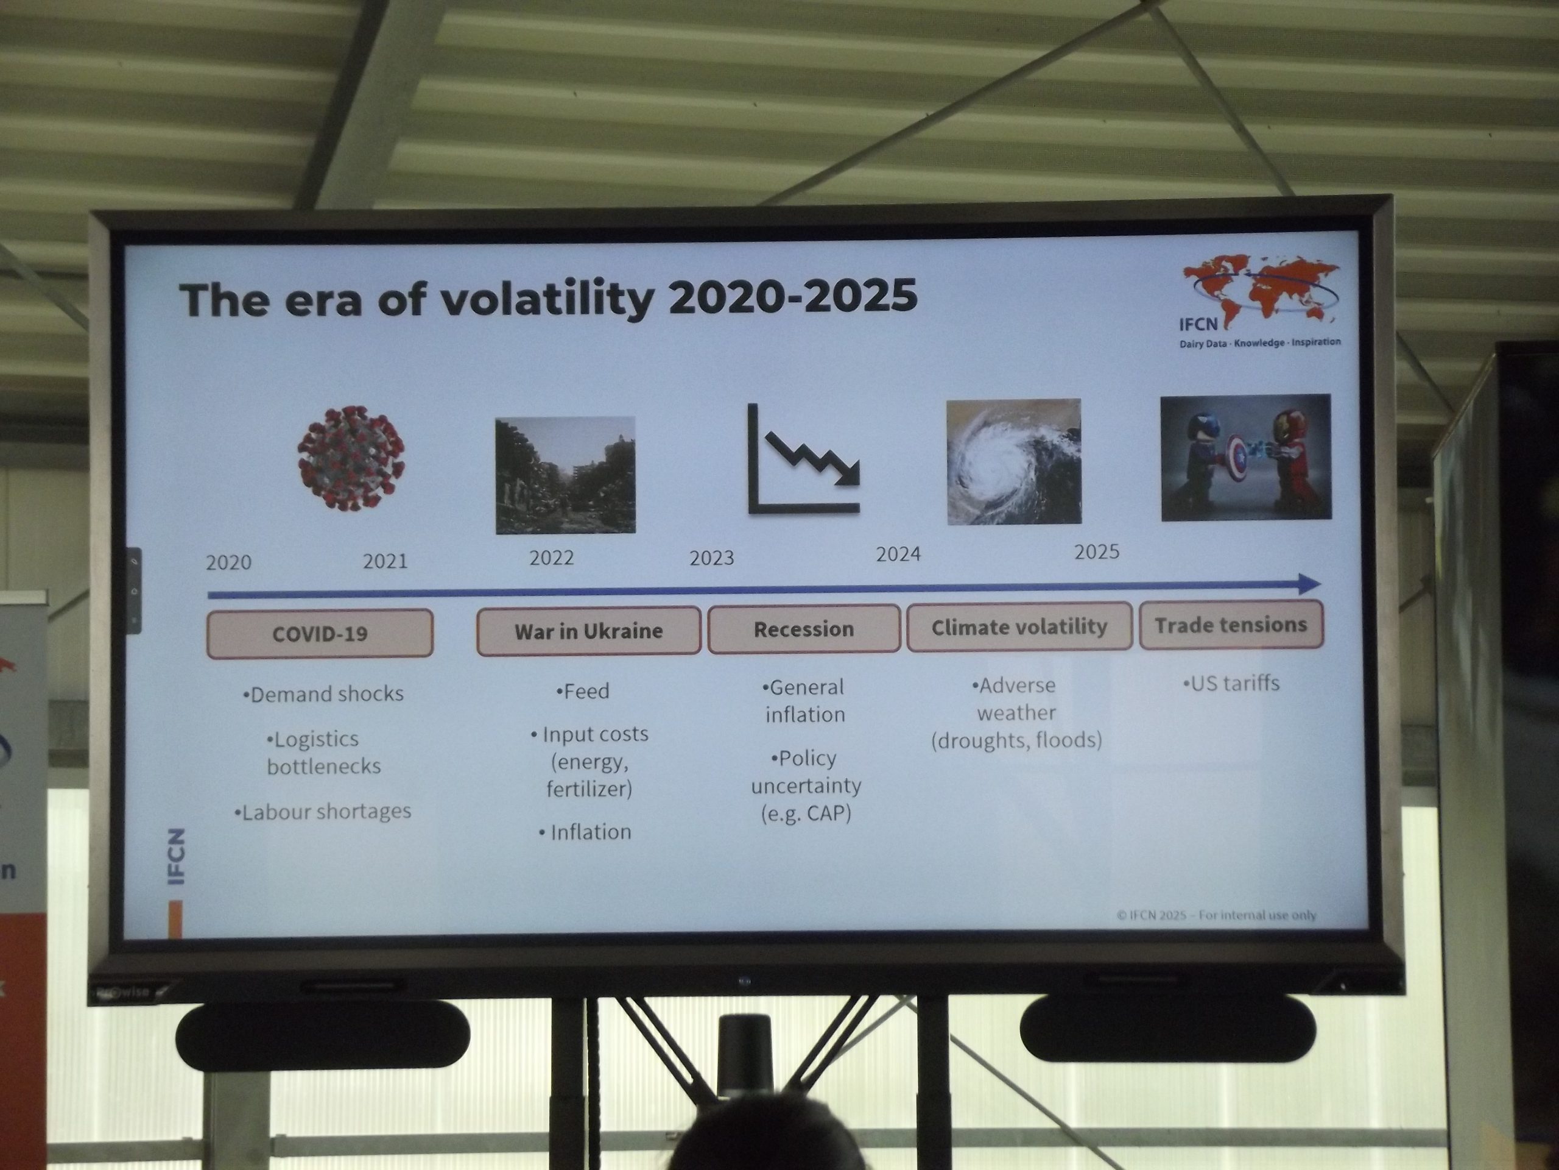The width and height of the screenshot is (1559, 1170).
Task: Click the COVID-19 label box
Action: (320, 633)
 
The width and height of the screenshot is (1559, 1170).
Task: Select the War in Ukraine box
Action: (588, 631)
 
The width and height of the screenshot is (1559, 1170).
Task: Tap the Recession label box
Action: (804, 628)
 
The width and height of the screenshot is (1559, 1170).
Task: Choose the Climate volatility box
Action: (1019, 626)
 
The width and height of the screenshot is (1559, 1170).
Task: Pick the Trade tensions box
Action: (1231, 624)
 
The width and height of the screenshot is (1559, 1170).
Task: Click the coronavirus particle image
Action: (351, 457)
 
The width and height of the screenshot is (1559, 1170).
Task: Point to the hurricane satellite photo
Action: (1013, 462)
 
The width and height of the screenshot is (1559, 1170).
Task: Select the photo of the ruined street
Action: (565, 475)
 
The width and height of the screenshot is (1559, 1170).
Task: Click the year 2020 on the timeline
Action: (228, 562)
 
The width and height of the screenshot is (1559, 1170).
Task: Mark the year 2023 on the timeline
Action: (712, 558)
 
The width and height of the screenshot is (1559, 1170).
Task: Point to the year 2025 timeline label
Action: (1097, 551)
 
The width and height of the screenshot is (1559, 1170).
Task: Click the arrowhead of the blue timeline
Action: (1309, 584)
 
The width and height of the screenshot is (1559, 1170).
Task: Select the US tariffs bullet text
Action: (1231, 682)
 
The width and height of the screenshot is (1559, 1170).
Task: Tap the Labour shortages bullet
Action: (323, 812)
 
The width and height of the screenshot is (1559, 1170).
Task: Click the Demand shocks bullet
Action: (323, 694)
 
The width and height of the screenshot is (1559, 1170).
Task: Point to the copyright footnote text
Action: (1217, 915)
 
